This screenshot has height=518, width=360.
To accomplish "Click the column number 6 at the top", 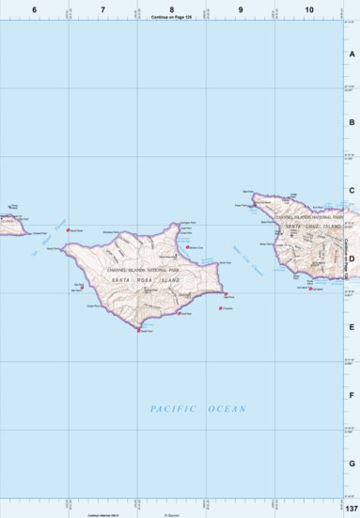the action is pos(34,8).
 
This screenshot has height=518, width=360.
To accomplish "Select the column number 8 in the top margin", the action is pos(171,8).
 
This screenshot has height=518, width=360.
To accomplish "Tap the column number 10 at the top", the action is pos(309,8).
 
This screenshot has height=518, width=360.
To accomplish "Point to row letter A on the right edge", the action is pos(352,54).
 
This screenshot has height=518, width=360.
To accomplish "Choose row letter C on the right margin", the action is pos(352,191).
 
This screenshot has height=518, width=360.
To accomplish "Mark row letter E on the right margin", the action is pos(352,327).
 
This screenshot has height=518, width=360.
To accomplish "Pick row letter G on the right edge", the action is pos(352,463).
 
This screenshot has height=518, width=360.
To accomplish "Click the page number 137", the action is pos(351,509).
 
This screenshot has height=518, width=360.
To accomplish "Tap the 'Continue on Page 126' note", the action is pos(171,16).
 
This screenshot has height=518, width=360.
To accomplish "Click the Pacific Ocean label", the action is pos(198,409).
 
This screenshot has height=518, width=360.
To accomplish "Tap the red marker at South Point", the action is pos(139,330).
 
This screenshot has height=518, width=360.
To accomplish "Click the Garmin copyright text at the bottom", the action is pos(171,514).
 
